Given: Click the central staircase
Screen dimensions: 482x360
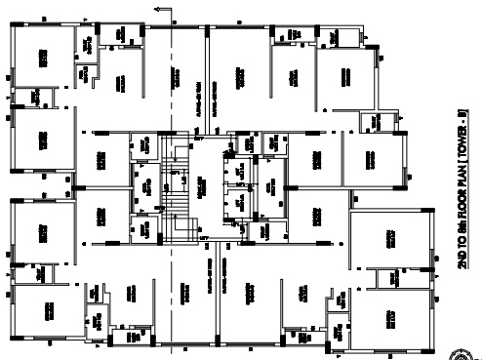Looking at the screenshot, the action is coord(177,190).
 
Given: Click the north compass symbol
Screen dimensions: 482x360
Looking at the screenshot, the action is coord(472,354).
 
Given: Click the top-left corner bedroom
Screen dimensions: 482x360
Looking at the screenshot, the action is coord(44,59).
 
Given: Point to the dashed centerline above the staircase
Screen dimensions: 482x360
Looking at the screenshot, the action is coord(175,88).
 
